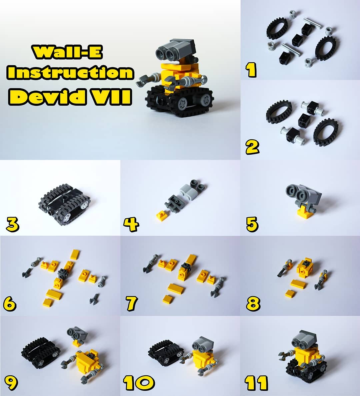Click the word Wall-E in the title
click(x=67, y=52)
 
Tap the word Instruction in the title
click(x=70, y=72)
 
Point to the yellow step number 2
click(x=252, y=147)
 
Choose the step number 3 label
click(x=12, y=225)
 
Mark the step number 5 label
click(x=252, y=224)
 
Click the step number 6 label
click(x=10, y=304)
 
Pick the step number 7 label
click(x=132, y=304)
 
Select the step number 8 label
click(x=253, y=303)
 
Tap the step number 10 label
click(x=139, y=383)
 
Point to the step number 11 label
click(x=256, y=383)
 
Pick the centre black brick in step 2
click(x=305, y=120)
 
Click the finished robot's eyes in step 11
click(x=299, y=343)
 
